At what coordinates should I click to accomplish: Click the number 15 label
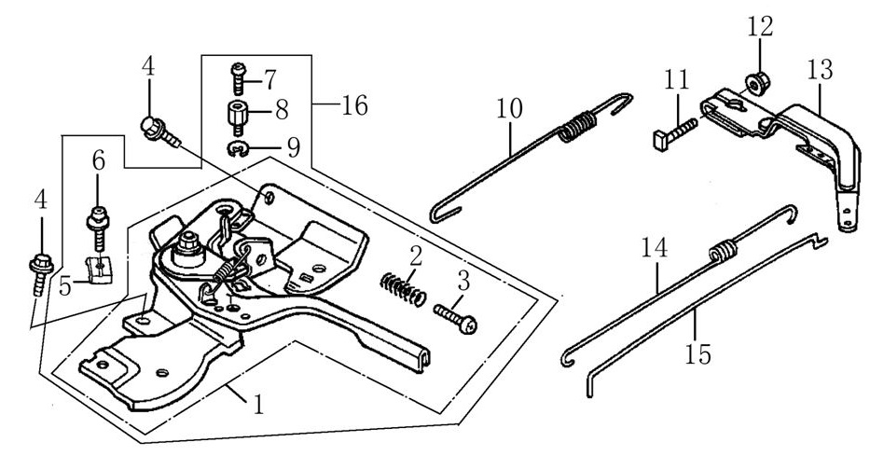[x=697, y=353]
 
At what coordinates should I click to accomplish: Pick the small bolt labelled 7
[x=237, y=74]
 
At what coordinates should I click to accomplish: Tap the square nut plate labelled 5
[x=97, y=269]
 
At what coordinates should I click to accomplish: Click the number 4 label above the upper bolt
[x=147, y=68]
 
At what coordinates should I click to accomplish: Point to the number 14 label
[x=656, y=250]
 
